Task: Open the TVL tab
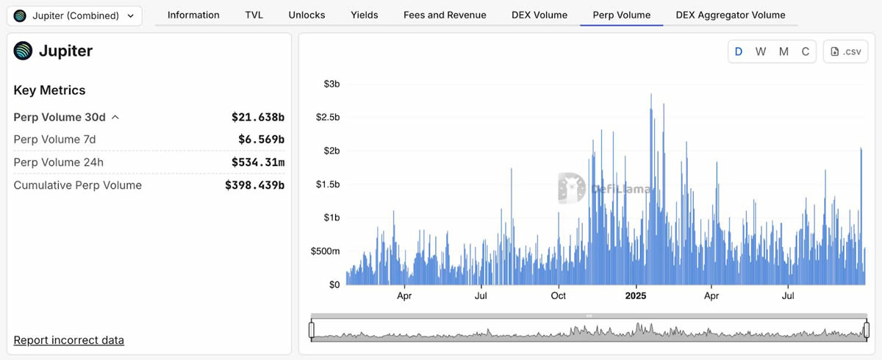point(254,15)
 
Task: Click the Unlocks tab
point(306,15)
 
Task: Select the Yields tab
point(365,15)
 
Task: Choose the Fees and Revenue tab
point(445,15)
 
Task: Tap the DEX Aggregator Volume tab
point(730,15)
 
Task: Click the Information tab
point(193,15)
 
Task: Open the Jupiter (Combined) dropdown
point(74,15)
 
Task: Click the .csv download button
point(845,51)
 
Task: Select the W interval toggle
point(761,51)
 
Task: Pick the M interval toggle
point(784,51)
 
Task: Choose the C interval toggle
point(806,51)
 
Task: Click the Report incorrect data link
point(69,340)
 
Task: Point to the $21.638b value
point(257,117)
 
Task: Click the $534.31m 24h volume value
point(255,162)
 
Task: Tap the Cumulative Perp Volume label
point(78,185)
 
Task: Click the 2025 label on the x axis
point(635,296)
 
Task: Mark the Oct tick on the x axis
point(559,296)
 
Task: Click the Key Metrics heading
point(50,90)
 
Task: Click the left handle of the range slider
point(312,330)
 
